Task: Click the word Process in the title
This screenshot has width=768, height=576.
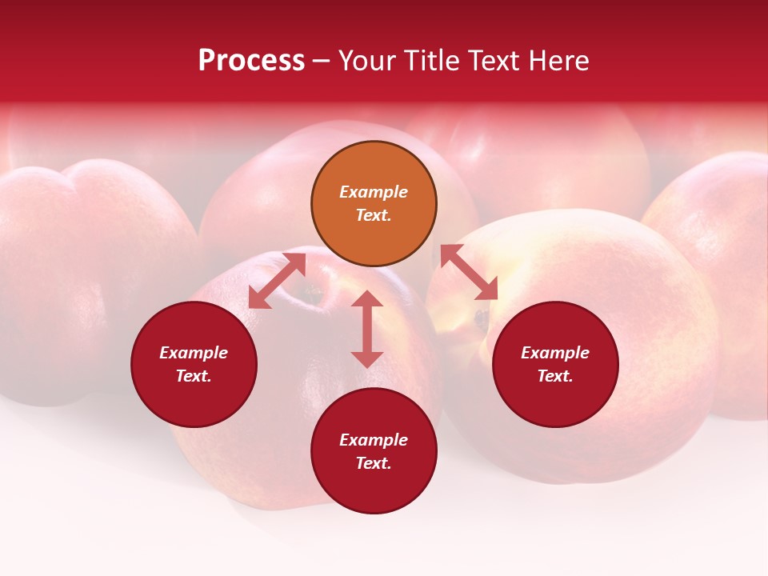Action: tap(251, 61)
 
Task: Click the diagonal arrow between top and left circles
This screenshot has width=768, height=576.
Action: tap(277, 281)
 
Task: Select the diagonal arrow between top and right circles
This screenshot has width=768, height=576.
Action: tap(469, 273)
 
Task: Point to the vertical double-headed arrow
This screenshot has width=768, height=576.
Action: tap(367, 329)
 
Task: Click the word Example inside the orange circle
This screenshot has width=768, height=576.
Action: tap(374, 192)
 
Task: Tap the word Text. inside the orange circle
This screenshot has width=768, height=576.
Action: tap(374, 215)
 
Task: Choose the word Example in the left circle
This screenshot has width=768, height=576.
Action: tap(194, 353)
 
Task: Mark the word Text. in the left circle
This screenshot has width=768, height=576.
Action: tap(194, 376)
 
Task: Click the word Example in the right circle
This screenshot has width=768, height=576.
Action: tap(555, 353)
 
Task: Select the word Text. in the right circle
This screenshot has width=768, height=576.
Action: tap(555, 376)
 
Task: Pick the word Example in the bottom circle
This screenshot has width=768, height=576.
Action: tap(374, 440)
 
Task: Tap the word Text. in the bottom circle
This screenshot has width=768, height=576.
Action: tap(374, 463)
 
